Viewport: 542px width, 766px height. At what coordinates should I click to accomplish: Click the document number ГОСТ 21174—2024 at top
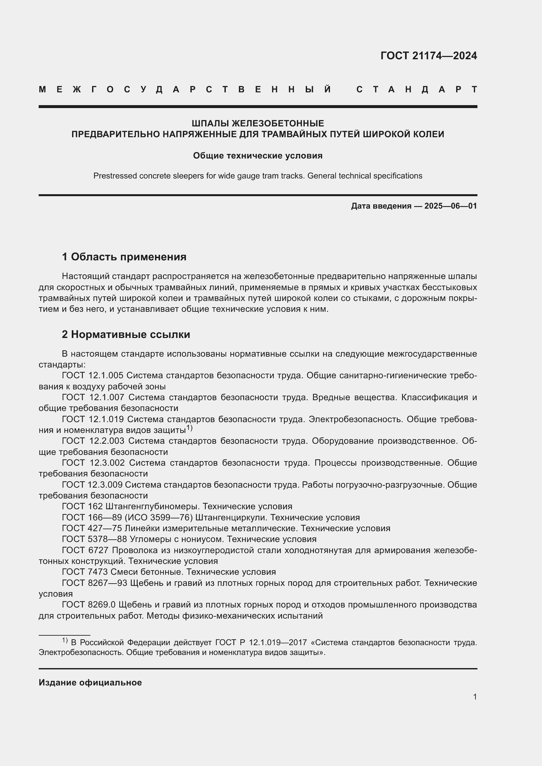429,56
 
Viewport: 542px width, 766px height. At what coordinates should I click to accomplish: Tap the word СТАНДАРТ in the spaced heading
417,89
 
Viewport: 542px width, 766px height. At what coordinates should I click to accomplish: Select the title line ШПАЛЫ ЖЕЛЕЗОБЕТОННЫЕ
258,123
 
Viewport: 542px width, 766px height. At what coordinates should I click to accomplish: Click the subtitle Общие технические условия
258,156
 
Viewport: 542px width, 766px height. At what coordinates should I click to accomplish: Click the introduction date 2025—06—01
450,206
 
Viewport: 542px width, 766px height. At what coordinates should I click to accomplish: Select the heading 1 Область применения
124,257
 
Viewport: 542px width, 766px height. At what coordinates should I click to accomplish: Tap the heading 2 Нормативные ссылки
126,334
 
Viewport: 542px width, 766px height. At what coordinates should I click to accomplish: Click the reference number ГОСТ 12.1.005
93,375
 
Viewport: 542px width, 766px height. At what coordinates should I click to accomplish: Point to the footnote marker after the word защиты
189,428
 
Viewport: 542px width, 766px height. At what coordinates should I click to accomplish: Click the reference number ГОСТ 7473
85,572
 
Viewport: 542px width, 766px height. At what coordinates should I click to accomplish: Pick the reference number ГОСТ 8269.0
88,605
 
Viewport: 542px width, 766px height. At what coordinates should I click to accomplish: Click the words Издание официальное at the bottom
90,682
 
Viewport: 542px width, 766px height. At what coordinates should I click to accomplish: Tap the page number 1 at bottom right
474,697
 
